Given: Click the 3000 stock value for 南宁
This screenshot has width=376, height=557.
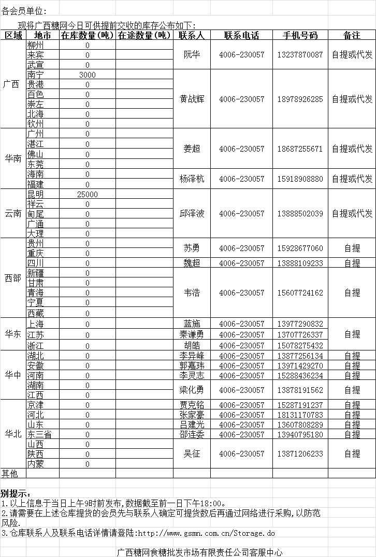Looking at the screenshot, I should [x=88, y=75].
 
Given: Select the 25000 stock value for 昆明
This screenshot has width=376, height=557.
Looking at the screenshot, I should [x=88, y=194].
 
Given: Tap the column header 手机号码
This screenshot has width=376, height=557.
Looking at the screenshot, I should [x=300, y=35].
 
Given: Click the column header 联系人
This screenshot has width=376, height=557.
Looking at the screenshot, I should [x=192, y=35].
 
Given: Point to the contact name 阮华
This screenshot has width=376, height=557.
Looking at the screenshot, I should [x=192, y=55].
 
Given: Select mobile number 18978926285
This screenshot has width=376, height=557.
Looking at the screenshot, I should [x=300, y=99].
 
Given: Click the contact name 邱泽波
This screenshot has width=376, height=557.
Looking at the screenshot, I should [x=192, y=213].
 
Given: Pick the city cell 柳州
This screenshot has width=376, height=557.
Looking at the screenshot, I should [x=36, y=45].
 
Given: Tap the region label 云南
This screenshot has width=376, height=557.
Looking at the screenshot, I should [x=13, y=213].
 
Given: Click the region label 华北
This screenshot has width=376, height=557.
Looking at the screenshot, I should [x=13, y=434].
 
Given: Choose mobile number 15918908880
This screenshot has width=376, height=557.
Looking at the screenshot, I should [x=300, y=179].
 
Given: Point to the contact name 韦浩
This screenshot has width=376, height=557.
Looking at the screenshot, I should [x=192, y=292].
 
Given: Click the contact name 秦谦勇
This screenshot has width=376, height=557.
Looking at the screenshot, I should [x=192, y=335].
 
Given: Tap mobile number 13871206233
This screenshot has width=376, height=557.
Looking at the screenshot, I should [x=300, y=453].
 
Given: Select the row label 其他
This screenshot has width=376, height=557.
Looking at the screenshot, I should [x=9, y=473].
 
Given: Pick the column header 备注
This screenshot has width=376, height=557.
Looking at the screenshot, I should [x=352, y=35].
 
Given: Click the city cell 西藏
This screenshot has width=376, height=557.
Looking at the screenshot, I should [x=36, y=313].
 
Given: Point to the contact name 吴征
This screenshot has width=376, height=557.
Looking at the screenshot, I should [x=192, y=453].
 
